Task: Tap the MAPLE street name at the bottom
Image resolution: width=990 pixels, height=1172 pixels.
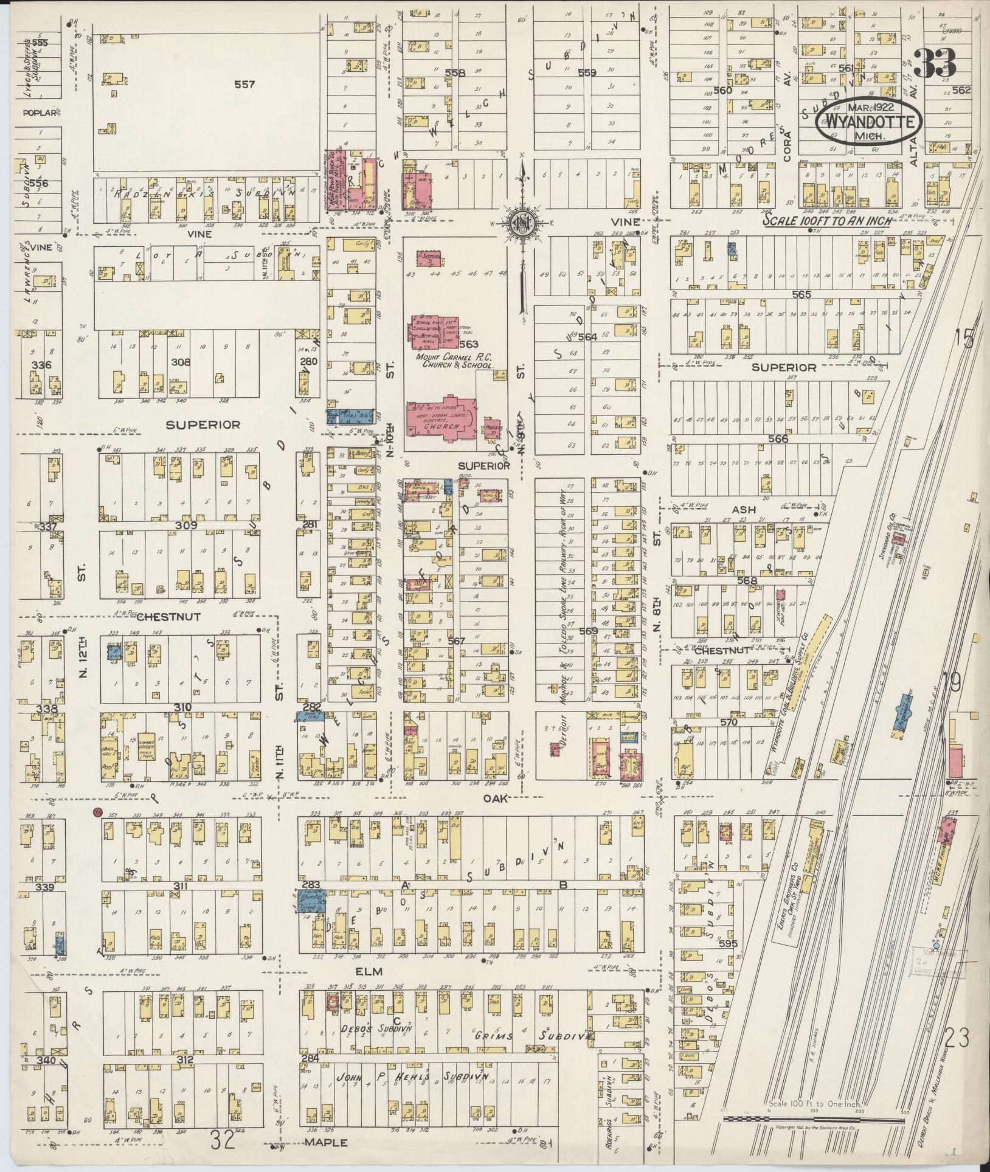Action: [328, 1142]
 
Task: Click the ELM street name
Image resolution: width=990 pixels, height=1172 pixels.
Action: [369, 972]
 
